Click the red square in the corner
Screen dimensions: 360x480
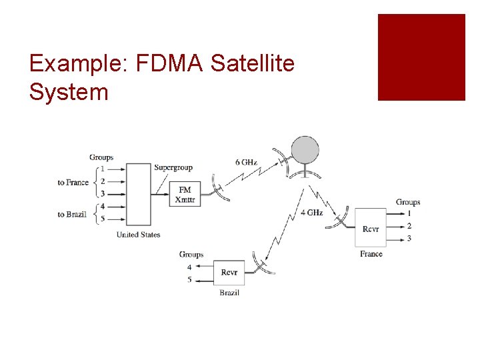pos(421,57)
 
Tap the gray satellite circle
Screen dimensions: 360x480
pos(305,149)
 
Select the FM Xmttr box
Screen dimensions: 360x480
pos(185,194)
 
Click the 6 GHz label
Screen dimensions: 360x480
pos(246,162)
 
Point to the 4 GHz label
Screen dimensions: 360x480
pos(311,213)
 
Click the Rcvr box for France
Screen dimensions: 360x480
pos(371,228)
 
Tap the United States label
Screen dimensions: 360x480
pos(138,235)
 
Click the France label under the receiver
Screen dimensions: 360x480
pos(371,254)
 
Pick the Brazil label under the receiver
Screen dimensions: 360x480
pos(229,293)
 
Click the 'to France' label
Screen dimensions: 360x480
pos(73,182)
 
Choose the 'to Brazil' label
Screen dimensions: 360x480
pos(72,214)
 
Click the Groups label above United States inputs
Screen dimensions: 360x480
pos(101,157)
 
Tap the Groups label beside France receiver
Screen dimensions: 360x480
pos(408,202)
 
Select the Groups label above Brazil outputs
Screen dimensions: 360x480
pos(191,254)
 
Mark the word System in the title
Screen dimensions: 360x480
pos(68,92)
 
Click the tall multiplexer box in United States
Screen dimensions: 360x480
pos(138,194)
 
